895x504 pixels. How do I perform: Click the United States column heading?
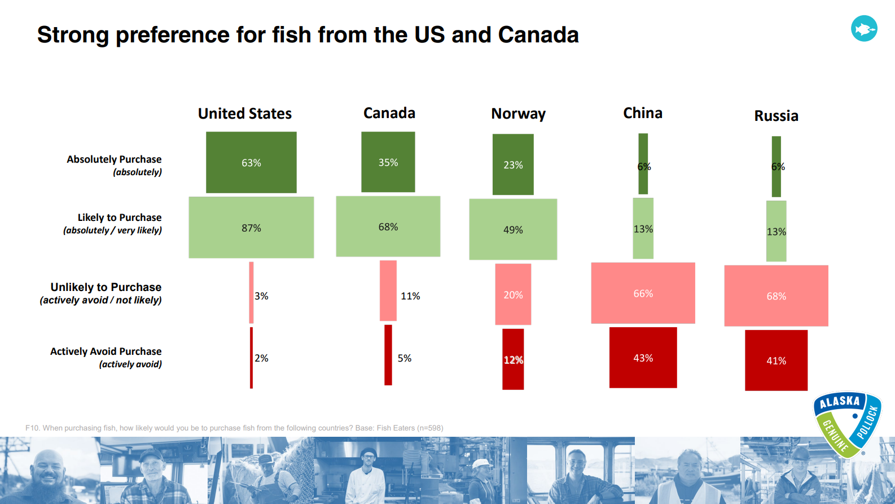pos(245,114)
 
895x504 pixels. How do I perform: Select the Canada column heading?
pos(389,113)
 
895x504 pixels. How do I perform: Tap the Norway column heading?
pos(518,114)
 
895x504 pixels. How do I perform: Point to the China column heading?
pos(642,113)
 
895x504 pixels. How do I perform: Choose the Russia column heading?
pos(776,116)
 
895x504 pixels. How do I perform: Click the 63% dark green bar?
pos(251,163)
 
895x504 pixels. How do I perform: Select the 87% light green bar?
pos(251,228)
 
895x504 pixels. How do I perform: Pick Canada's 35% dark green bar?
pos(388,162)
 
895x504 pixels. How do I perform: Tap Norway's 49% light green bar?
pos(513,229)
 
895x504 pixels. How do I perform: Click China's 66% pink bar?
pos(643,293)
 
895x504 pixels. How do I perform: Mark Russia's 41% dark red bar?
pos(776,360)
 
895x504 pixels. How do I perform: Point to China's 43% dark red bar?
pos(643,358)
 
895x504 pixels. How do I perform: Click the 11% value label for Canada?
pos(410,296)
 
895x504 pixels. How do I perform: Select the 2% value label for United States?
pos(261,358)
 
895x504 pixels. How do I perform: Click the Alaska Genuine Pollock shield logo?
pos(846,424)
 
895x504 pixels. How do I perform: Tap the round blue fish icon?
pos(864,28)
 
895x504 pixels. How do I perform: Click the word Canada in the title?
pos(538,35)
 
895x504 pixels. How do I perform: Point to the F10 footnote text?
pos(234,428)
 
